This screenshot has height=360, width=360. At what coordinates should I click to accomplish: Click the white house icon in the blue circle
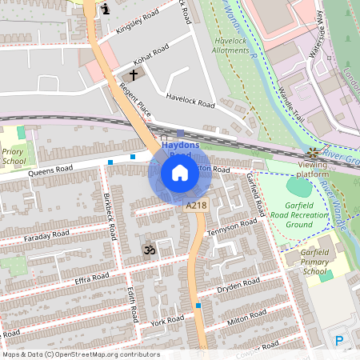click(180, 173)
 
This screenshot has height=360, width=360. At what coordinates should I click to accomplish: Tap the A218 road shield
click(195, 206)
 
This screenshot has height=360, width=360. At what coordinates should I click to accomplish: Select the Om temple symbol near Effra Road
click(146, 251)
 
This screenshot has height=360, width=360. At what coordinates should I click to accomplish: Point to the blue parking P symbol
click(339, 340)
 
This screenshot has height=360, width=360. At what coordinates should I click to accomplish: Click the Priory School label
click(14, 156)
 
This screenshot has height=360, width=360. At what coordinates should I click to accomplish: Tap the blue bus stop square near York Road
click(198, 306)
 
